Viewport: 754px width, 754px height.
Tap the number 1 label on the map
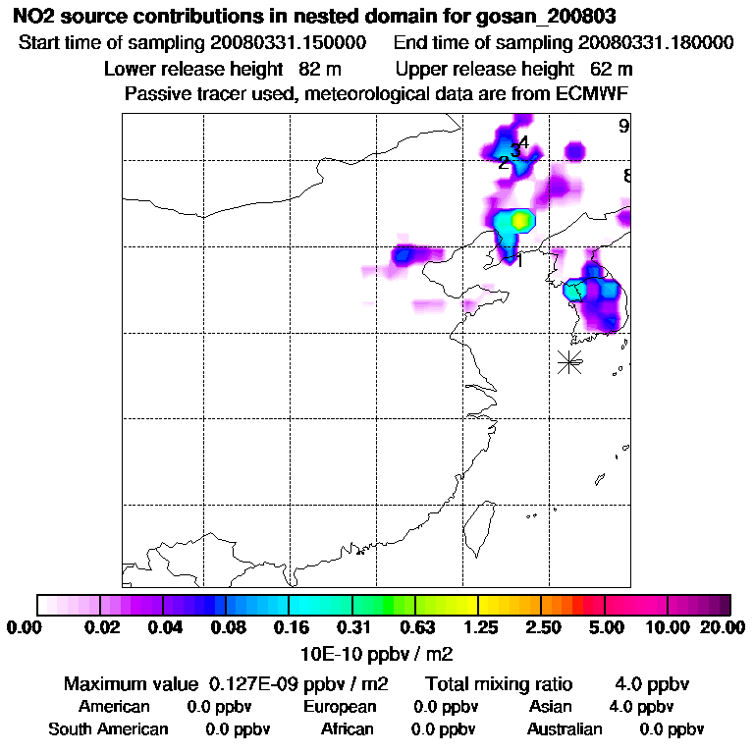click(x=519, y=260)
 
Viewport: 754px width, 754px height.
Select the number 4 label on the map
click(x=523, y=142)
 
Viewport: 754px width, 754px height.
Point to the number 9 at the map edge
click(x=623, y=126)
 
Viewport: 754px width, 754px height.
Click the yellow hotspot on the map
click(x=521, y=220)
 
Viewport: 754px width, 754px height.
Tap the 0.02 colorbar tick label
click(x=102, y=627)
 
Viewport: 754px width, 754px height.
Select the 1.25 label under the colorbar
click(x=479, y=627)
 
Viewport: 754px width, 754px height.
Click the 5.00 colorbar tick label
click(x=605, y=627)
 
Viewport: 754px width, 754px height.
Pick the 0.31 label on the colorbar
click(x=353, y=627)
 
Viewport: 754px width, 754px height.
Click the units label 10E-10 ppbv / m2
click(x=376, y=652)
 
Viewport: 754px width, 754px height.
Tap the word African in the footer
click(x=348, y=729)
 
